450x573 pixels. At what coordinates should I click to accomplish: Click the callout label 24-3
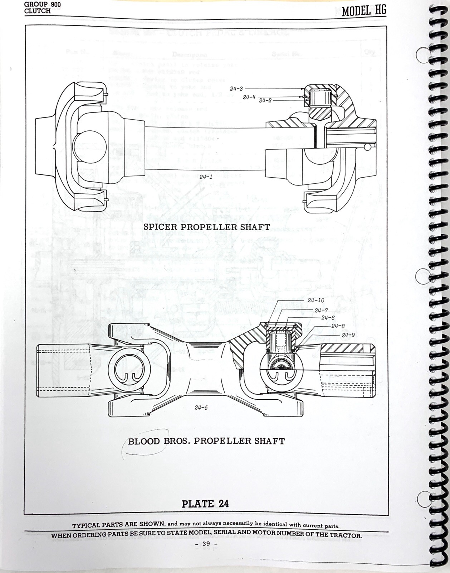236,88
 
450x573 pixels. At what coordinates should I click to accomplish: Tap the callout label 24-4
249,97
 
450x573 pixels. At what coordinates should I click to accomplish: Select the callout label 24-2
265,101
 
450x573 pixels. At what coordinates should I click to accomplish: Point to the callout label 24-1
206,177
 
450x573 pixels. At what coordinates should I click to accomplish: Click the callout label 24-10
316,300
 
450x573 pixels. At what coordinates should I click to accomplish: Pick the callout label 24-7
321,310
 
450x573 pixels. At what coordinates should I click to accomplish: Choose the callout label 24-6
328,318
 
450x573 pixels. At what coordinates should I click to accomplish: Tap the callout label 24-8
338,326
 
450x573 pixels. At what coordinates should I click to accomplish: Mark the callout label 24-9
348,335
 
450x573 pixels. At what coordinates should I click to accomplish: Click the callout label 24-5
201,408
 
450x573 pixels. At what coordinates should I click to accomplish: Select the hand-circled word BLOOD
144,441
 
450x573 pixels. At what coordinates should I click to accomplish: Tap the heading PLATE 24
205,504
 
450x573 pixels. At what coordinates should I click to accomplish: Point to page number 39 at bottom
206,544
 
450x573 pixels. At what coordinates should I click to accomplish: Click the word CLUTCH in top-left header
37,11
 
